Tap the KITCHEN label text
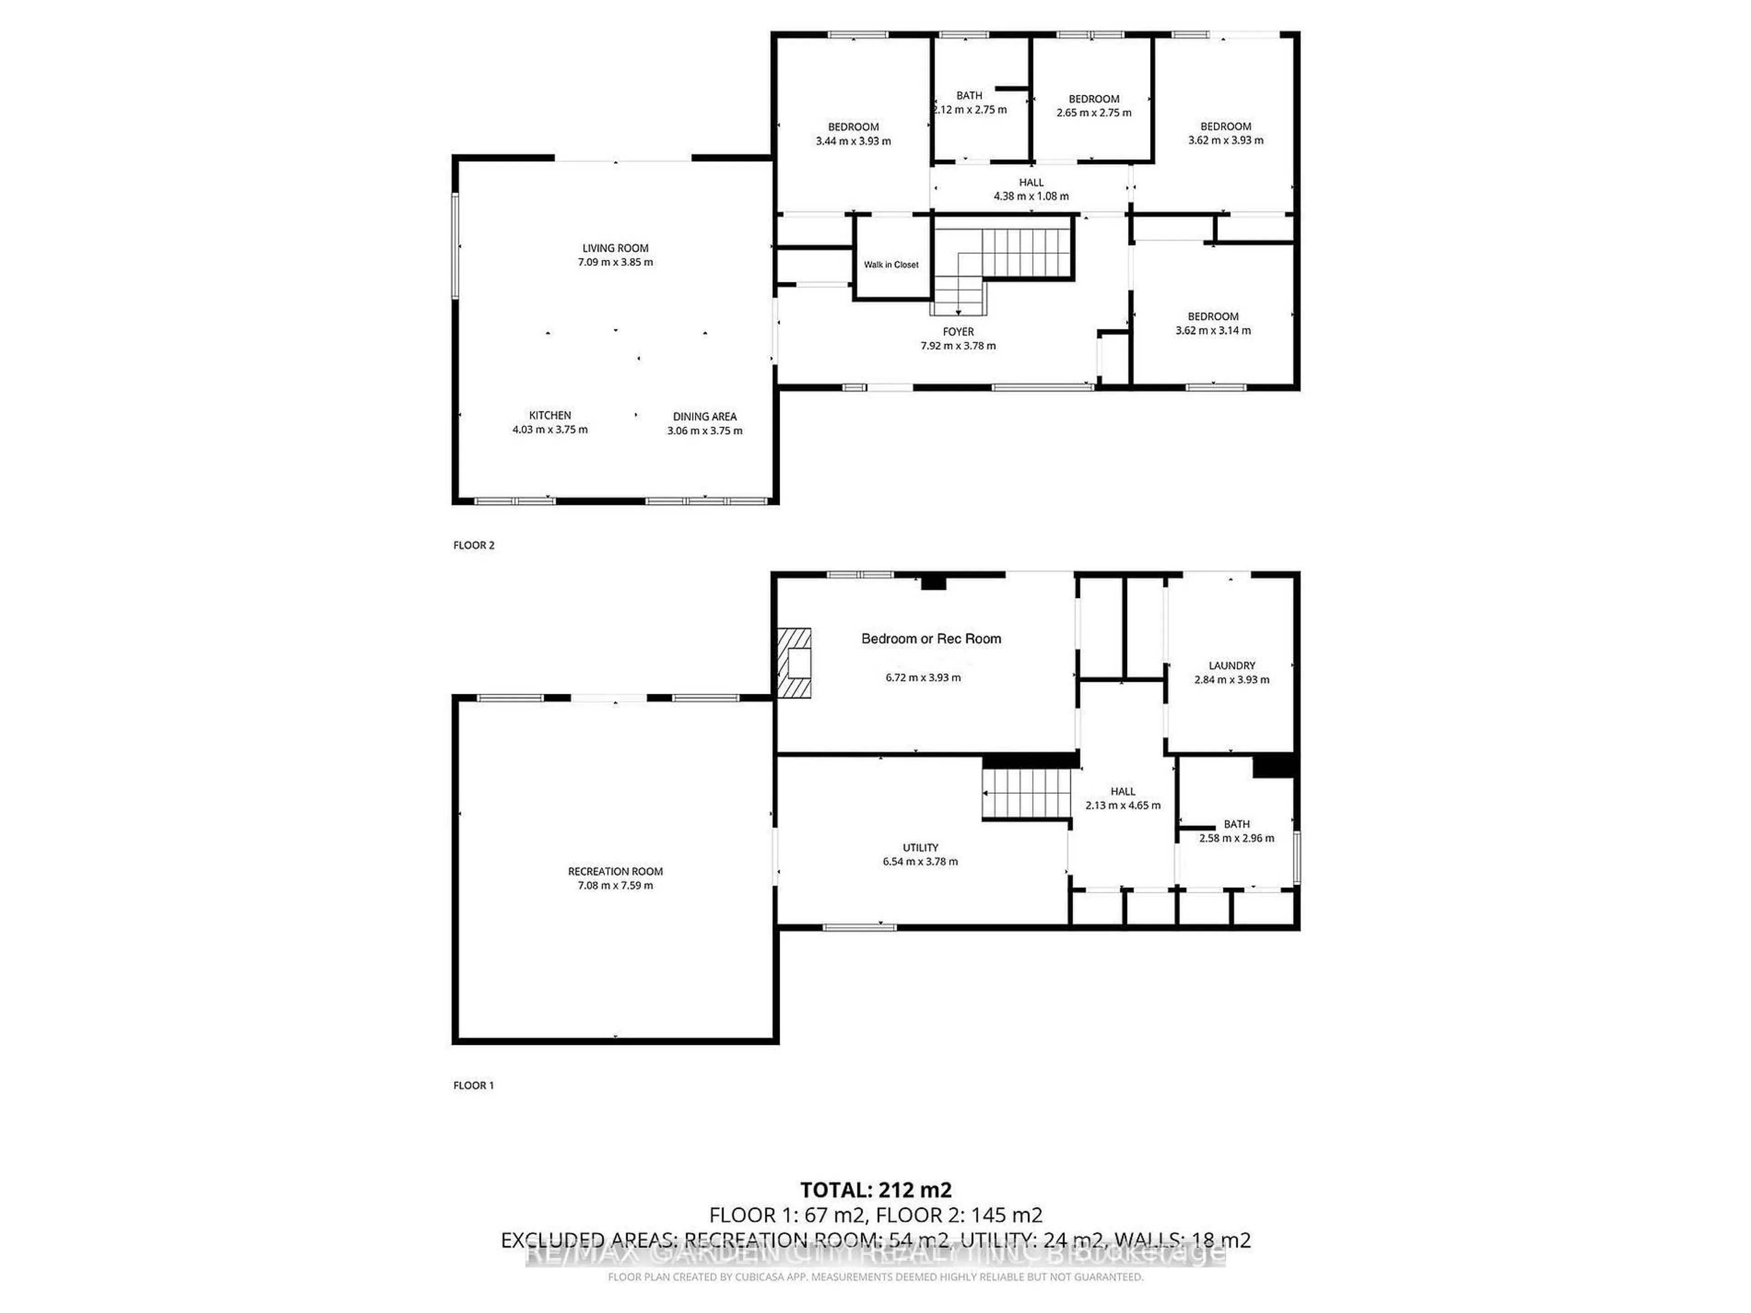[x=550, y=415]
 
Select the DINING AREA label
[x=705, y=416]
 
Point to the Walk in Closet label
[x=891, y=264]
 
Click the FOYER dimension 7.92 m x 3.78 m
[x=958, y=346]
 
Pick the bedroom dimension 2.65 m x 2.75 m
[x=1094, y=113]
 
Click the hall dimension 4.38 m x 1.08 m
[x=1031, y=196]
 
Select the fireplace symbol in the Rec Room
[x=794, y=663]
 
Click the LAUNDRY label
[x=1232, y=666]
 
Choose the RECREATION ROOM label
[x=615, y=871]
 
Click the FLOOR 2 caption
[x=473, y=545]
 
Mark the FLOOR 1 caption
[x=473, y=1085]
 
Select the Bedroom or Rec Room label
[x=931, y=639]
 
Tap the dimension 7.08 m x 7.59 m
[x=615, y=886]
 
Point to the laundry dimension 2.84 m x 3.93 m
[x=1232, y=680]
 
